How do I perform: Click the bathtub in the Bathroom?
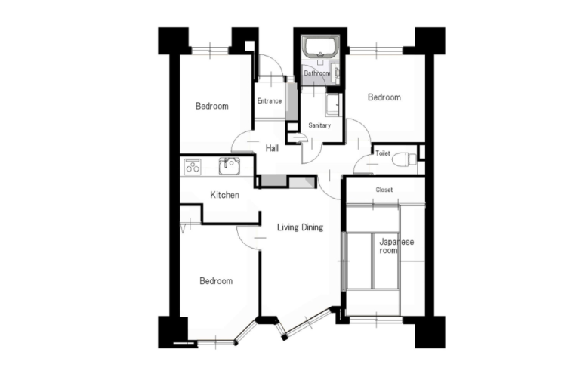[320, 47]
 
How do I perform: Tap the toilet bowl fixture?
[404, 160]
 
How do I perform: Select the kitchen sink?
[230, 165]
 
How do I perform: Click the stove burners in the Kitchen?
[193, 166]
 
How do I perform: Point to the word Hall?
[272, 148]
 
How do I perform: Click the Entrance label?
[270, 100]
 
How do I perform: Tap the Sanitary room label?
[319, 125]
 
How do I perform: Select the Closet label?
[384, 190]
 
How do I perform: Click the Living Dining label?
[300, 227]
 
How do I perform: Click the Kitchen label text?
[224, 195]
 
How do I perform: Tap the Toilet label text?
[382, 153]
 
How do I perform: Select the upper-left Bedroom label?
[212, 107]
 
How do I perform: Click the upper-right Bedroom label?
[384, 97]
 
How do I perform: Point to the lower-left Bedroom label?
[216, 281]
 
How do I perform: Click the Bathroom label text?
[317, 73]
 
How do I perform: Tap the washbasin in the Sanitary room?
[333, 104]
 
